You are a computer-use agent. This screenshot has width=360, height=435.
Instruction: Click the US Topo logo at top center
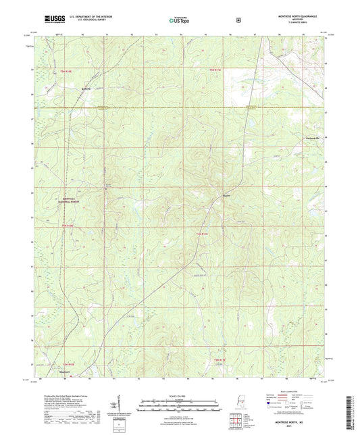(x=178, y=21)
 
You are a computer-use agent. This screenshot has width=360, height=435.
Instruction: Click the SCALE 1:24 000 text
(x=180, y=394)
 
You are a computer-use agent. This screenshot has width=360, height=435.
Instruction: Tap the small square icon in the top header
(x=238, y=20)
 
